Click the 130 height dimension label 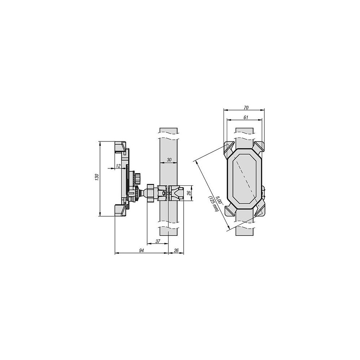point(97,177)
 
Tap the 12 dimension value point(118,166)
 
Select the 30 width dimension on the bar point(169,160)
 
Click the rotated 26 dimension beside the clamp point(189,193)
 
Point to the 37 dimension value point(158,241)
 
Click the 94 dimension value point(141,251)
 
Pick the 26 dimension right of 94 point(176,251)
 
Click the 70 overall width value point(246,107)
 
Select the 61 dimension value point(246,117)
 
